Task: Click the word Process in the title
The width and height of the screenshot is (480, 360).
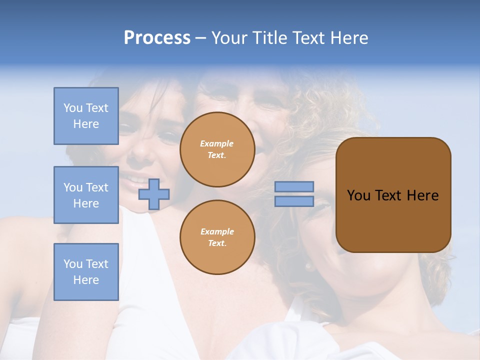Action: pyautogui.click(x=157, y=38)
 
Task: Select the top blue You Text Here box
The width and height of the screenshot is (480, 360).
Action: pyautogui.click(x=86, y=116)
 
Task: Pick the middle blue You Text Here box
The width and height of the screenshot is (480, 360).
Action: pyautogui.click(x=86, y=195)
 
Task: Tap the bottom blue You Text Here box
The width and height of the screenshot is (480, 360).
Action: pyautogui.click(x=86, y=271)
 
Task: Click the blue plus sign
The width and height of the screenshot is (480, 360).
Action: pyautogui.click(x=154, y=194)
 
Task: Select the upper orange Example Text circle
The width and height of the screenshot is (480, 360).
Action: pyautogui.click(x=217, y=149)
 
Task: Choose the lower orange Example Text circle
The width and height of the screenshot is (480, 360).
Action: pyautogui.click(x=217, y=237)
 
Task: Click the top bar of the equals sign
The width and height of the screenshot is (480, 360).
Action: pyautogui.click(x=294, y=186)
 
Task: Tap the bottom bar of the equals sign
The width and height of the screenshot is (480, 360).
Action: pyautogui.click(x=294, y=201)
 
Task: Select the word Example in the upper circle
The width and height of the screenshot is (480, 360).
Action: pyautogui.click(x=217, y=143)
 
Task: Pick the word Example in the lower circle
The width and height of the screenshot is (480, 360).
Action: pyautogui.click(x=217, y=231)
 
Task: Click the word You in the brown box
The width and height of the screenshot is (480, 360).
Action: pyautogui.click(x=358, y=195)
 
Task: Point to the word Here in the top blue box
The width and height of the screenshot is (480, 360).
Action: pyautogui.click(x=86, y=124)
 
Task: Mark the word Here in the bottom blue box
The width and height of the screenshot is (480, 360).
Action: pyautogui.click(x=86, y=280)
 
